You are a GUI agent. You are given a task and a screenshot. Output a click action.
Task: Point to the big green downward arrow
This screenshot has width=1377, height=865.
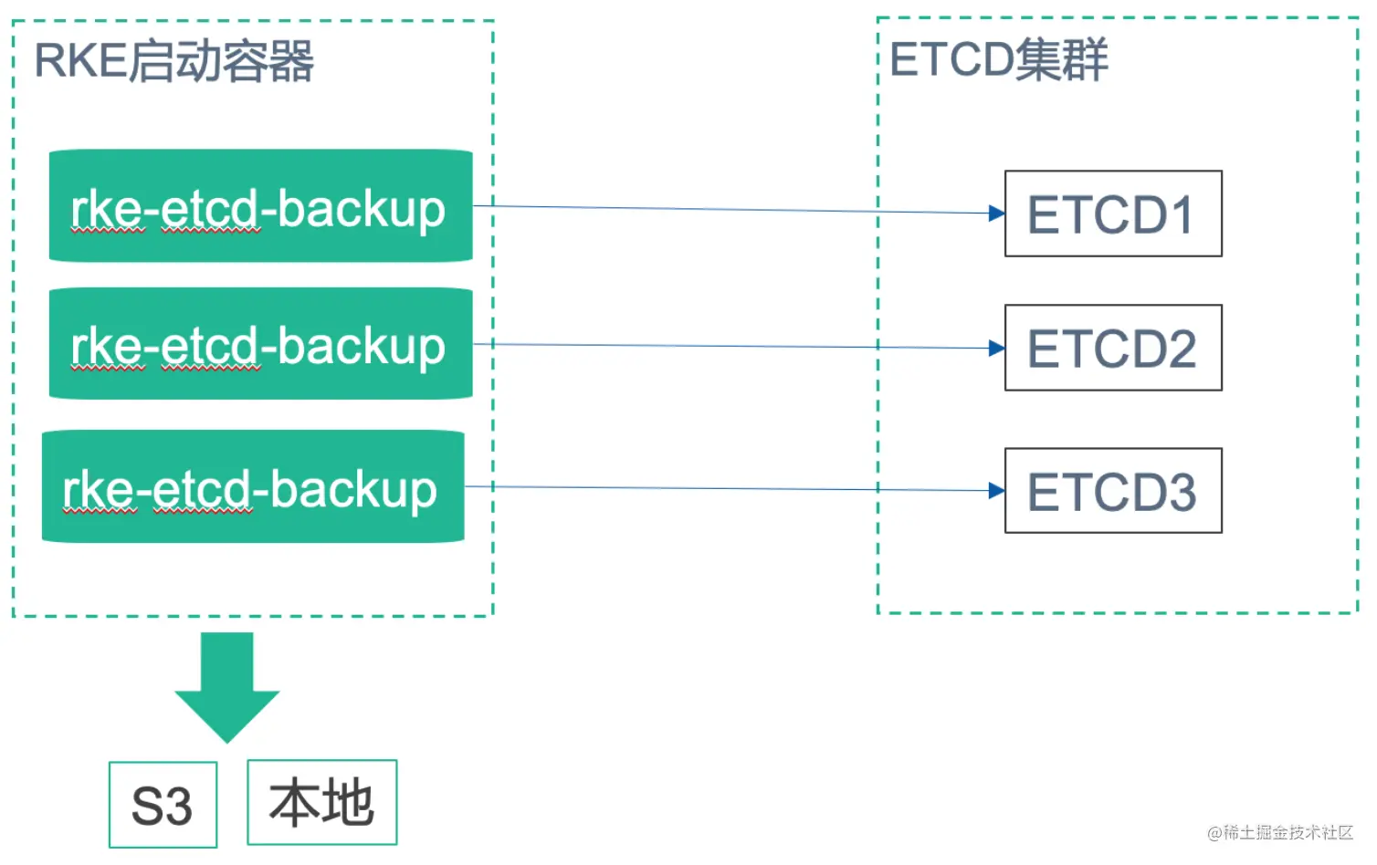pyautogui.click(x=226, y=687)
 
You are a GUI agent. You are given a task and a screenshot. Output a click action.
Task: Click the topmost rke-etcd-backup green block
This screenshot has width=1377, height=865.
pyautogui.click(x=260, y=206)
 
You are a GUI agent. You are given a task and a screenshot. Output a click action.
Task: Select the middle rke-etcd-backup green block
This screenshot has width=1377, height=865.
pyautogui.click(x=260, y=343)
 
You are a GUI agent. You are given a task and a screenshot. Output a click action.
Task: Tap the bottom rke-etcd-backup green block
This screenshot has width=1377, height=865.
pyautogui.click(x=253, y=486)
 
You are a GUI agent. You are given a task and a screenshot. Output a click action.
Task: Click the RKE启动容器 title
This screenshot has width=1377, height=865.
pyautogui.click(x=174, y=61)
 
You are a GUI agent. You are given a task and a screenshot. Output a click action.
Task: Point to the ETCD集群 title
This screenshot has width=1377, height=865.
pyautogui.click(x=998, y=59)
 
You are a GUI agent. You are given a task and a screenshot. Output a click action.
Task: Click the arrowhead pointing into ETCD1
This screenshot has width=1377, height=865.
pyautogui.click(x=996, y=214)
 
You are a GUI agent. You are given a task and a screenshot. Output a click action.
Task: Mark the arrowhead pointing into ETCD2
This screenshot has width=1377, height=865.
pyautogui.click(x=996, y=348)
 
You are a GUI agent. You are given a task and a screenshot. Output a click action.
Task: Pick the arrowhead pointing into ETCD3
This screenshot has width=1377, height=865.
pyautogui.click(x=996, y=490)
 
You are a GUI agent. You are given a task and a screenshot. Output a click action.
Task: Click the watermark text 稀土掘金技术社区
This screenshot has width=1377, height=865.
pyautogui.click(x=1288, y=832)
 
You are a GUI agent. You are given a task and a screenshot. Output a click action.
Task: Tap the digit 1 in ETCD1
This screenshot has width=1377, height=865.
pyautogui.click(x=1181, y=214)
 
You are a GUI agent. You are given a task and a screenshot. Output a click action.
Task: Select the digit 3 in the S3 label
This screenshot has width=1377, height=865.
pyautogui.click(x=178, y=806)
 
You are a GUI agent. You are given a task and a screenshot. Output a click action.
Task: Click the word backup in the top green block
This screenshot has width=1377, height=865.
pyautogui.click(x=362, y=210)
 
